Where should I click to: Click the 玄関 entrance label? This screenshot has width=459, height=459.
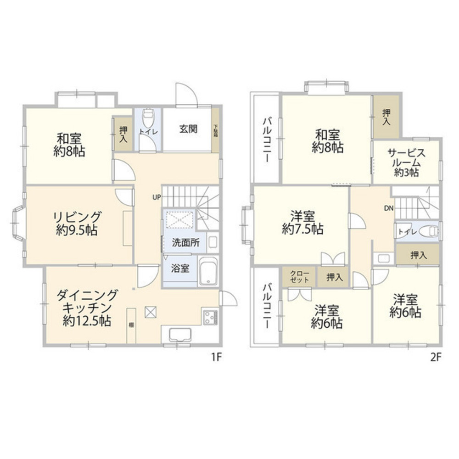point(188,129)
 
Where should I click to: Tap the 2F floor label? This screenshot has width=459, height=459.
point(436,358)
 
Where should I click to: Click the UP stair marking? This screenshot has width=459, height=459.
point(157,198)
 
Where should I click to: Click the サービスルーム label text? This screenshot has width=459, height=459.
point(406,158)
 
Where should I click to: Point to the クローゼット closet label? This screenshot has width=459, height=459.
point(299,277)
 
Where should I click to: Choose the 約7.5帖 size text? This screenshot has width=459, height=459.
point(302,229)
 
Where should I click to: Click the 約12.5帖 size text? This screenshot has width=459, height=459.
point(87,321)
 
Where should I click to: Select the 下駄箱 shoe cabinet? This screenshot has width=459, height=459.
point(216,130)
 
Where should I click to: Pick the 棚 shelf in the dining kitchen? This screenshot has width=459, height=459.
point(131,325)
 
